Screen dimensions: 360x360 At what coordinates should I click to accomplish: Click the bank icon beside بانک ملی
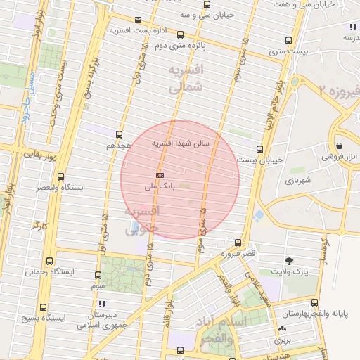160,175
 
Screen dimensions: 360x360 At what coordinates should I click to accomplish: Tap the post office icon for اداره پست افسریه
138,19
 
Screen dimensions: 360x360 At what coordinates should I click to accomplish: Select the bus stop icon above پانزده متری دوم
181,34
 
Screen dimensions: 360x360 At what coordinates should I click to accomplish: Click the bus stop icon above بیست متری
288,40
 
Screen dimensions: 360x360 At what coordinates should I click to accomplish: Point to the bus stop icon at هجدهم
119,134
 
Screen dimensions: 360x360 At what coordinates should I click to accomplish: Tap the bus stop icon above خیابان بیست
260,149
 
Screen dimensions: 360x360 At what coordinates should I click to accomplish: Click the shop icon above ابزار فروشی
340,146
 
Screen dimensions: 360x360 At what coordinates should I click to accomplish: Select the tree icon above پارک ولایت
290,260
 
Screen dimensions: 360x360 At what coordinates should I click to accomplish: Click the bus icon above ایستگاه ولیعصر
61,177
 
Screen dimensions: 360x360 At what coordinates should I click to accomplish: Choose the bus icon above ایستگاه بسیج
44,307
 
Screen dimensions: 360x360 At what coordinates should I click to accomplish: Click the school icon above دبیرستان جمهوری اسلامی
102,304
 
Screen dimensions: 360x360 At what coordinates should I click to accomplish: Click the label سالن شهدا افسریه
182,143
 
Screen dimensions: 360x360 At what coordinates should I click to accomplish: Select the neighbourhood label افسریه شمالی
186,79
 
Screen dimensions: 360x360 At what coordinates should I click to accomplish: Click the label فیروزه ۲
338,91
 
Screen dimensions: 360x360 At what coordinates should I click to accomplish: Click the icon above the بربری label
283,329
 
